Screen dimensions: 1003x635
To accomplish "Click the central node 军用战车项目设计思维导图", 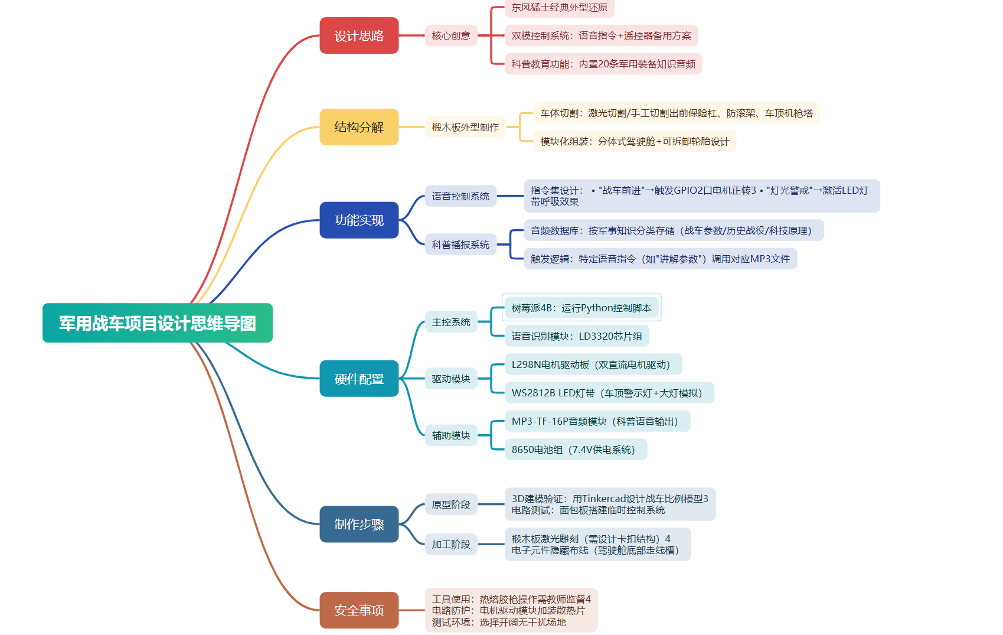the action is [158, 323].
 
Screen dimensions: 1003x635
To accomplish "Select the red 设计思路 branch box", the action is [359, 35].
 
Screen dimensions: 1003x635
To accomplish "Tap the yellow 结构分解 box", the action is [359, 127].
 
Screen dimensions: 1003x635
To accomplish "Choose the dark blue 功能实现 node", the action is [359, 220].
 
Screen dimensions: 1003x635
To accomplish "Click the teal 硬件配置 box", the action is [359, 379].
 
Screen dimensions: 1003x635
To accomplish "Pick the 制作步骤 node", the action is [359, 525].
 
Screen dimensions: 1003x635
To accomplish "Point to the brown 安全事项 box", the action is [359, 610].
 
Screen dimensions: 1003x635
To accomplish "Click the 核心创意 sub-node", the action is [451, 35].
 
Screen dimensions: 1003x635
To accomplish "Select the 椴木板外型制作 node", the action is [465, 127].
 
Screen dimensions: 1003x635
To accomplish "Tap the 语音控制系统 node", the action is [460, 196].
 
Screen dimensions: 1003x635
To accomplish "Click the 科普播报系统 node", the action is [460, 245].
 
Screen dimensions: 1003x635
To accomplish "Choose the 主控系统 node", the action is [451, 322].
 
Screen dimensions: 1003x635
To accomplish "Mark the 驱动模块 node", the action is [451, 379].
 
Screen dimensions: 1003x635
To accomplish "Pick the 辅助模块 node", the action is [451, 435].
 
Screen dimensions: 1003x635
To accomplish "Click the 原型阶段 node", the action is [451, 504].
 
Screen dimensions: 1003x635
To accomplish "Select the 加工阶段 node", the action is [451, 545].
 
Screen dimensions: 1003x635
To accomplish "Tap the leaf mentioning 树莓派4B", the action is [581, 308].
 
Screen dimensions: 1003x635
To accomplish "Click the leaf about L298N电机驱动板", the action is [593, 365].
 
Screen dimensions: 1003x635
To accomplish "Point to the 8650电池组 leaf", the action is [576, 450].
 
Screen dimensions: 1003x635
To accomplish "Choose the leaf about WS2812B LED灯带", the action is [609, 393].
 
